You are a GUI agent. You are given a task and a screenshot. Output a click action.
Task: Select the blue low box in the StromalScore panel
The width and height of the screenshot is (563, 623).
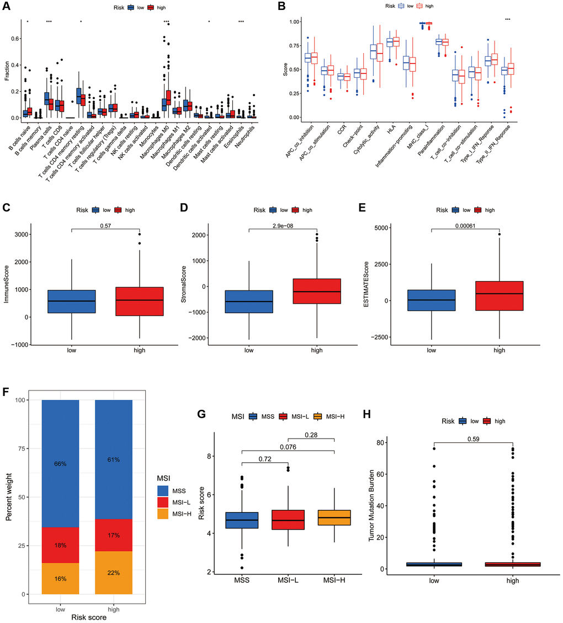[x=248, y=302]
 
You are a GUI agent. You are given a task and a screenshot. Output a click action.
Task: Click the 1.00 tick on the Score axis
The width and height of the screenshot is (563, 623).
[x=293, y=22]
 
